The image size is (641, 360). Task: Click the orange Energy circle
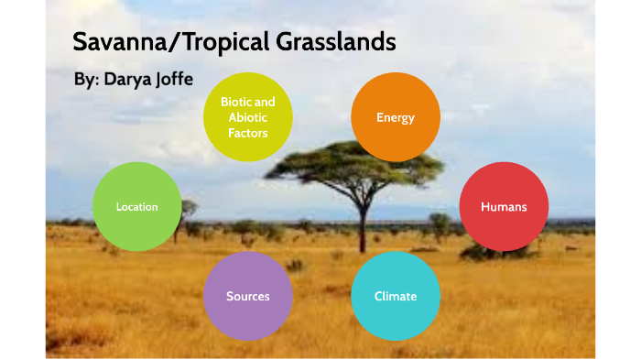coord(396,117)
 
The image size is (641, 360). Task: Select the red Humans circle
coord(504,207)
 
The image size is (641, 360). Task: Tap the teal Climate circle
coord(396,296)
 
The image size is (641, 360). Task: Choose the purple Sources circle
coord(247,296)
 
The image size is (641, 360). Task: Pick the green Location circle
coord(136,207)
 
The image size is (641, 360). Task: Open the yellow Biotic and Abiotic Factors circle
coord(247,117)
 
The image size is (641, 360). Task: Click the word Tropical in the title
coord(216,42)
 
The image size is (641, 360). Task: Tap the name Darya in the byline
coord(132,80)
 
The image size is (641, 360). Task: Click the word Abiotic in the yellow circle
coord(247,117)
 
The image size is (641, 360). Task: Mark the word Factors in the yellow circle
coord(247,133)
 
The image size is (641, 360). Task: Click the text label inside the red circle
coord(504,207)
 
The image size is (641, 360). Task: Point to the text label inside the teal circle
coord(396,296)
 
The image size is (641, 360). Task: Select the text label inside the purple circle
coord(247,296)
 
